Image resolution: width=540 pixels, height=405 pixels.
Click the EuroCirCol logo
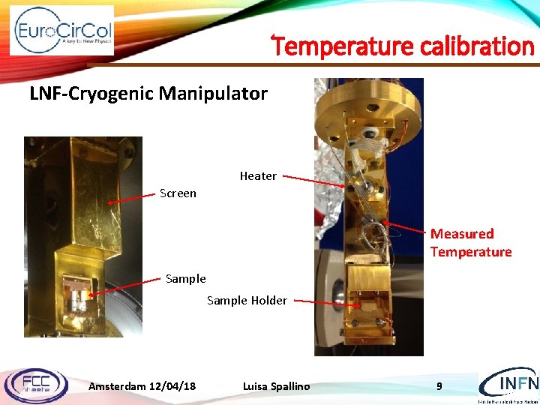tap(61, 30)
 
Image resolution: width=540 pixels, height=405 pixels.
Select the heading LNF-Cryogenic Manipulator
tap(148, 94)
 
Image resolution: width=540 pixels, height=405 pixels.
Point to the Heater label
tap(258, 176)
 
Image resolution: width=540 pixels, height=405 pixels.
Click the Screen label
tap(178, 193)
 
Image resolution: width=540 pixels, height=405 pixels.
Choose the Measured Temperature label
tap(470, 243)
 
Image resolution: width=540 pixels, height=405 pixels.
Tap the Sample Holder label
tap(247, 301)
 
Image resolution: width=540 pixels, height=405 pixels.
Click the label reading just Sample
tap(185, 279)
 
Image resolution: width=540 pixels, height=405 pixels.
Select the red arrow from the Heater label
tap(313, 181)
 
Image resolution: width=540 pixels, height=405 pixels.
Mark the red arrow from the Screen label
tap(132, 198)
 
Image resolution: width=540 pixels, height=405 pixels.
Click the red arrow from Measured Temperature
tap(406, 226)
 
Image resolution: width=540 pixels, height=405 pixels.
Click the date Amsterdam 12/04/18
tap(142, 386)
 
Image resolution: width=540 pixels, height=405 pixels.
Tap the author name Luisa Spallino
tap(276, 386)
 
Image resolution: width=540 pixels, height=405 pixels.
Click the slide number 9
tap(440, 386)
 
